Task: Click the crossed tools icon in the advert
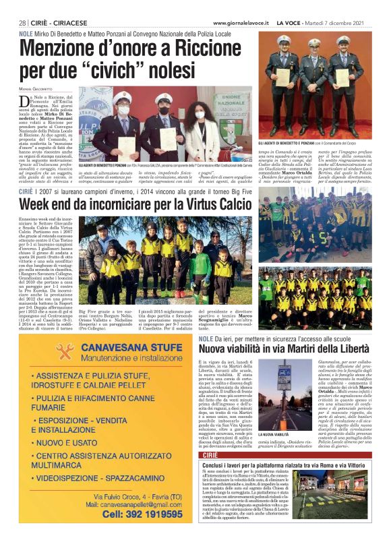pyautogui.click(x=65, y=352)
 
